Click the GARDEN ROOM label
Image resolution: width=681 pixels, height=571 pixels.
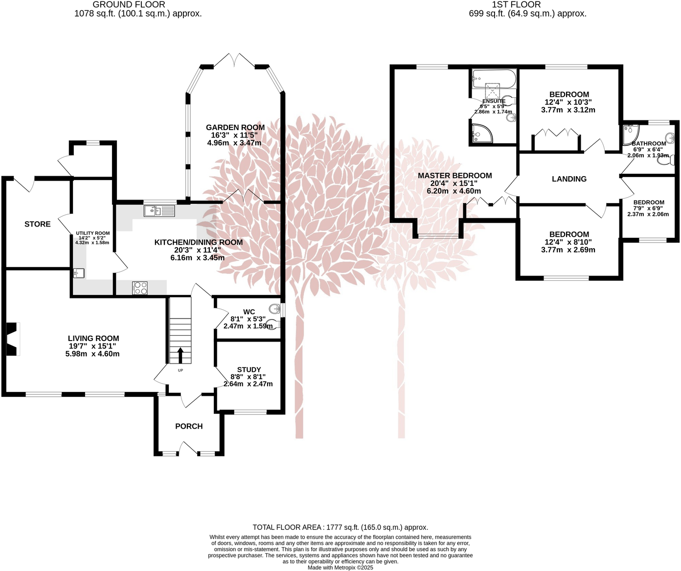235,127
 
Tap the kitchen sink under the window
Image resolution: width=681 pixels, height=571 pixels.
159,211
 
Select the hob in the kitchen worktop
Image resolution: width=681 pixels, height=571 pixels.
140,288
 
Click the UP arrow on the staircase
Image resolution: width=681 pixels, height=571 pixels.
180,355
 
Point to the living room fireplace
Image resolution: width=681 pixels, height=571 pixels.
12,339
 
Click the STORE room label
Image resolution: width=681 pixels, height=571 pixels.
38,224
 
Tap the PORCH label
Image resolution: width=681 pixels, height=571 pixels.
189,426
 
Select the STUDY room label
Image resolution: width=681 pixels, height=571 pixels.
249,369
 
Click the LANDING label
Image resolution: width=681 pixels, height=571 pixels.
569,179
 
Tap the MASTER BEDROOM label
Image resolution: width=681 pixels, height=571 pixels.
454,176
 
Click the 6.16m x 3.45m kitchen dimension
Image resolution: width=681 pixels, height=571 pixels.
198,257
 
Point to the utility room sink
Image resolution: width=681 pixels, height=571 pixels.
79,273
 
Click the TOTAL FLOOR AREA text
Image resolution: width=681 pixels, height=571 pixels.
340,527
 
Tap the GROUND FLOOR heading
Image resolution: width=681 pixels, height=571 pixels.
129,4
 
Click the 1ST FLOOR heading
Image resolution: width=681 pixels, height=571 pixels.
516,4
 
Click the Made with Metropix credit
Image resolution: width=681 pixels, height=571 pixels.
340,568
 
